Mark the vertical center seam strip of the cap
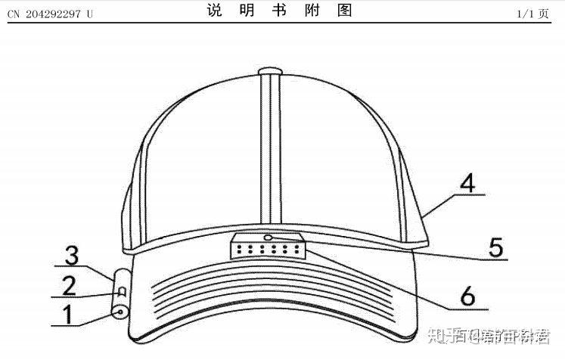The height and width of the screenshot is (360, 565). [x=269, y=151]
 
